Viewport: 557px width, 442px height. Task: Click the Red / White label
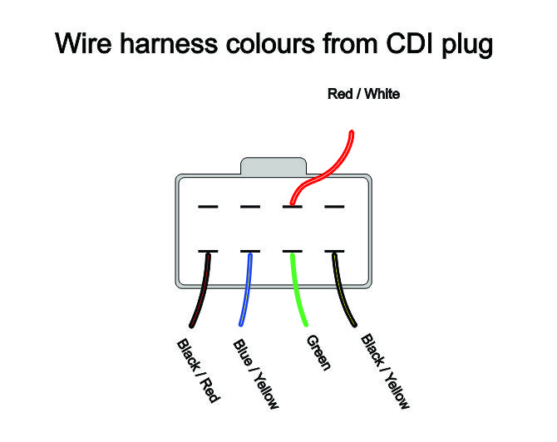[364, 94]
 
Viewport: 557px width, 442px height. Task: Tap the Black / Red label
[198, 371]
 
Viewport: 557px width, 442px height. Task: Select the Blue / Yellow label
[256, 374]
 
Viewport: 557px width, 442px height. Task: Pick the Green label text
[318, 354]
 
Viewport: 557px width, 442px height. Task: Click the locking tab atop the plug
[273, 165]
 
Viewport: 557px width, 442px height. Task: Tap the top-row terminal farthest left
[208, 206]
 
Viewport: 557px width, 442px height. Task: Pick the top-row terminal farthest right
[334, 206]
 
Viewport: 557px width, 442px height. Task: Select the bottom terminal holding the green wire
[292, 251]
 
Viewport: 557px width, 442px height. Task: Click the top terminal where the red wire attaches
[292, 206]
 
